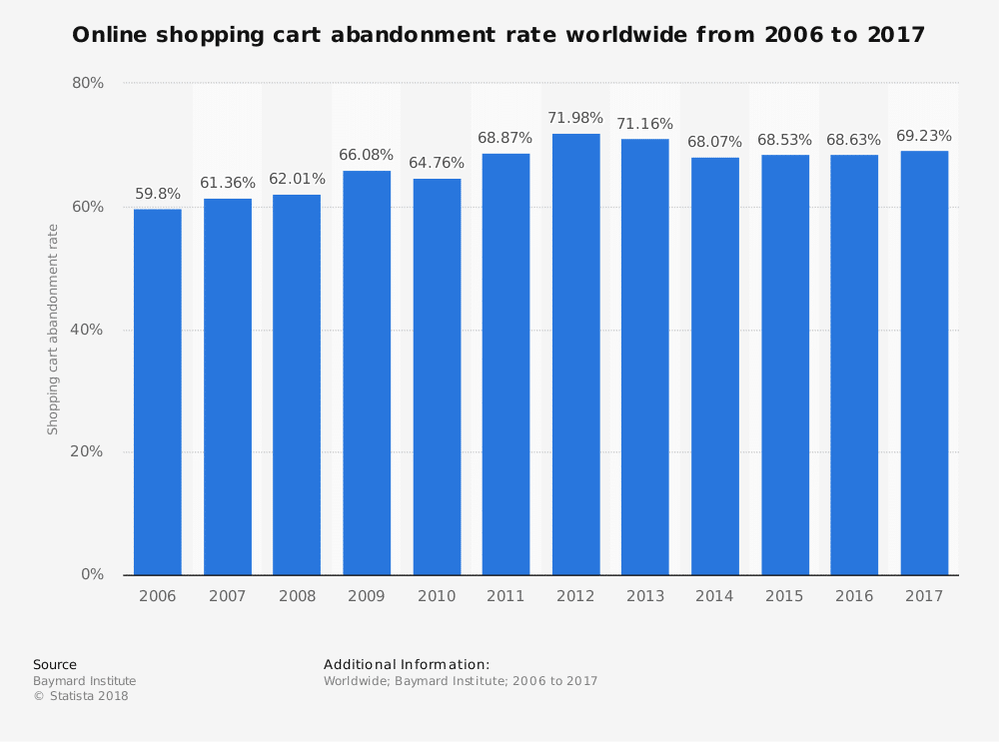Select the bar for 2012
coord(575,355)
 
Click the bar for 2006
coord(158,391)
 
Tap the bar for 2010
coord(437,376)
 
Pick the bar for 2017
coord(924,363)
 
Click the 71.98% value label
coord(575,118)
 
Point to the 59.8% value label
coord(158,194)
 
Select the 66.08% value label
coord(367,155)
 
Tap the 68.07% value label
coord(715,142)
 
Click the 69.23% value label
coord(924,136)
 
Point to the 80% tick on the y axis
coord(88,83)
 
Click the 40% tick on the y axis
coord(88,330)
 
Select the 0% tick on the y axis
coord(92,574)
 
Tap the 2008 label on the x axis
coord(297,596)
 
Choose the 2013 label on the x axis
coord(645,596)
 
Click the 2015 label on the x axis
coord(784,596)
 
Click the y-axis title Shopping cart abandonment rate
coord(53,330)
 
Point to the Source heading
coord(55,664)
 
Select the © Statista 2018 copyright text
coord(81,696)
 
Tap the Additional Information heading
coord(407,664)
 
